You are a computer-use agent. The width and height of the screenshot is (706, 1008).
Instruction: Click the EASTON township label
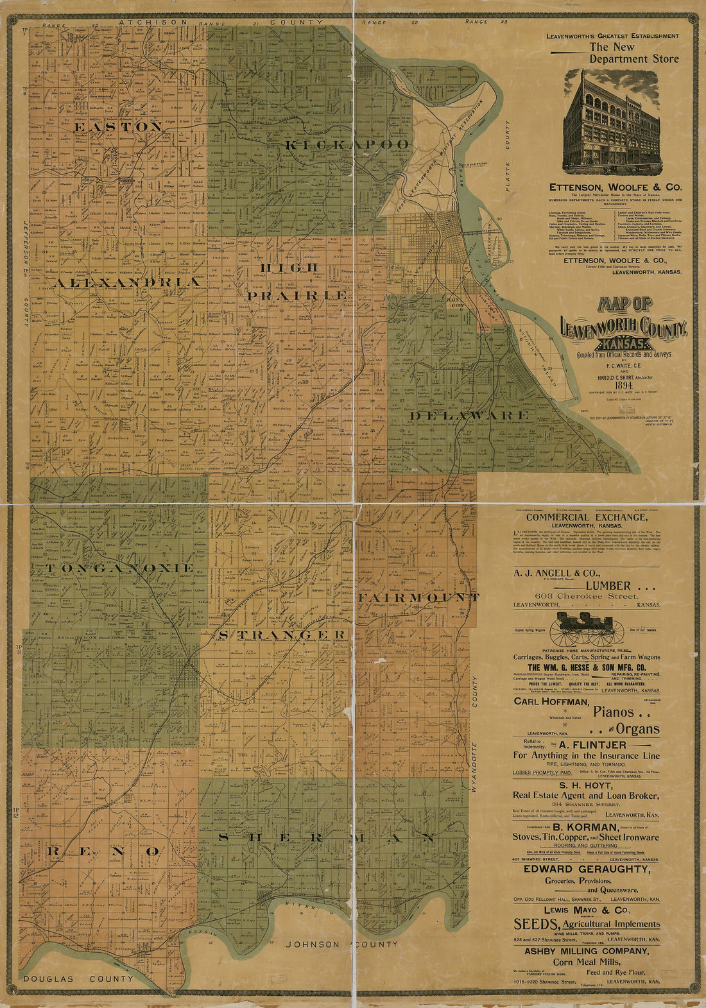pyautogui.click(x=118, y=127)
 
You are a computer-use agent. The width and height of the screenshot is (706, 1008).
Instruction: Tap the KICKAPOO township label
pyautogui.click(x=347, y=145)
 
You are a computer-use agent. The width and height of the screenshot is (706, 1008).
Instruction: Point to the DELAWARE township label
pyautogui.click(x=469, y=416)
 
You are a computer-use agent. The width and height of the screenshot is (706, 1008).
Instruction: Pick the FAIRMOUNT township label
pyautogui.click(x=418, y=597)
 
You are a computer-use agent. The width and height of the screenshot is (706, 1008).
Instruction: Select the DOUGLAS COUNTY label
pyautogui.click(x=77, y=978)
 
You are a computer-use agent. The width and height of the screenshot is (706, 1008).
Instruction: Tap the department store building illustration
pyautogui.click(x=612, y=122)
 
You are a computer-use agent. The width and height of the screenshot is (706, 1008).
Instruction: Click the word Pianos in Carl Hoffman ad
pyautogui.click(x=614, y=712)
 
